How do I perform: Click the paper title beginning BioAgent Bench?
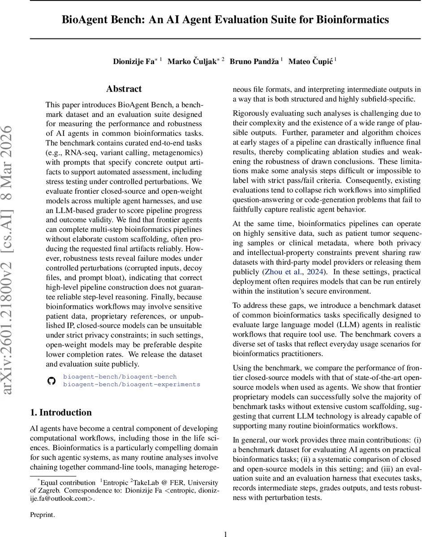[x=225, y=20]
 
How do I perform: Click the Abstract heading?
[x=124, y=89]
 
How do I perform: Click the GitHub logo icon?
[x=51, y=380]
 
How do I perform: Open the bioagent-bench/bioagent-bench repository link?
[x=120, y=377]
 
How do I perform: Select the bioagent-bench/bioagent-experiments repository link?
[x=131, y=384]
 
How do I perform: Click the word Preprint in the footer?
[x=42, y=515]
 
